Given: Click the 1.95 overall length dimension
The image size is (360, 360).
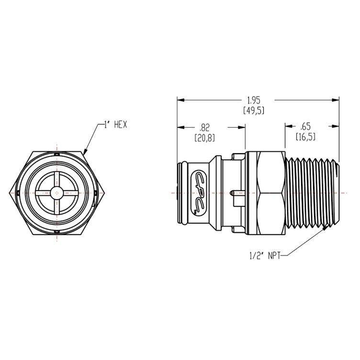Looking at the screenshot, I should pyautogui.click(x=253, y=101).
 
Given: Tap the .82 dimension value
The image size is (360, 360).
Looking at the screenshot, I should pyautogui.click(x=204, y=128).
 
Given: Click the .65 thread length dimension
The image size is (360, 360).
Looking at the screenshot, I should pyautogui.click(x=305, y=127).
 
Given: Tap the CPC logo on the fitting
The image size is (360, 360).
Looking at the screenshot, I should pyautogui.click(x=198, y=192).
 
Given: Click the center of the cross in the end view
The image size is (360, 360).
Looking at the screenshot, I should pyautogui.click(x=57, y=193).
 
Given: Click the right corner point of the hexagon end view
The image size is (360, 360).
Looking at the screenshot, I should pyautogui.click(x=105, y=193).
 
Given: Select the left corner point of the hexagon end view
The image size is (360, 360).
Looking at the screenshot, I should pyautogui.click(x=10, y=193).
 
